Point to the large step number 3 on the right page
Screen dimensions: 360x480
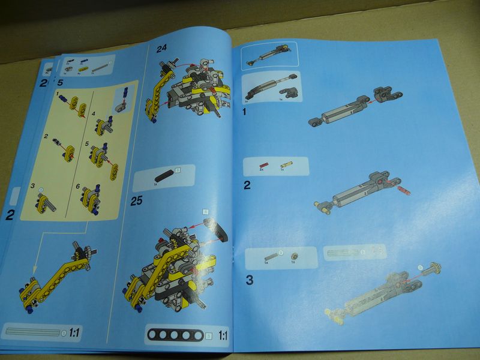(250, 279)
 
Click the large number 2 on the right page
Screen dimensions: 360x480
(247, 185)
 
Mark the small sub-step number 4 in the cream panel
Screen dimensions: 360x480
(93, 114)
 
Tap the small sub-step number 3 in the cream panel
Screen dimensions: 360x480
(33, 187)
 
